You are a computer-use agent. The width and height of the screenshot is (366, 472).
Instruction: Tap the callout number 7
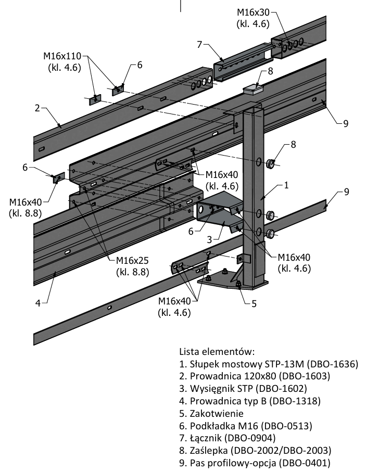pyautogui.click(x=199, y=44)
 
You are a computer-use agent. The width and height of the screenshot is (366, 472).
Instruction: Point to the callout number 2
pyautogui.click(x=37, y=108)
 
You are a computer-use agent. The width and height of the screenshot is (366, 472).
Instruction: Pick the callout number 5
pyautogui.click(x=254, y=303)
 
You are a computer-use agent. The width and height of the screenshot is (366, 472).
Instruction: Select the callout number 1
pyautogui.click(x=286, y=185)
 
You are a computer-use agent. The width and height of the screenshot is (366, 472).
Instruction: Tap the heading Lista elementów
pyautogui.click(x=216, y=351)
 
